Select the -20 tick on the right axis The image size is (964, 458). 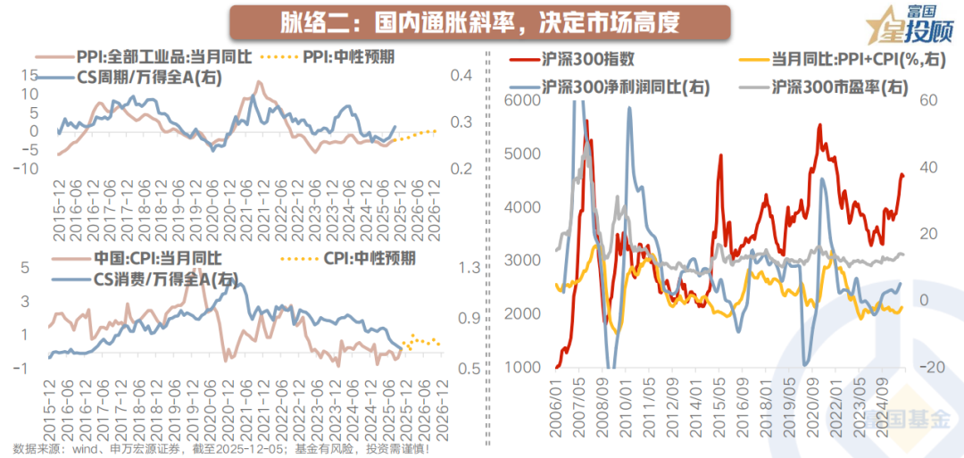coord(929,368)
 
